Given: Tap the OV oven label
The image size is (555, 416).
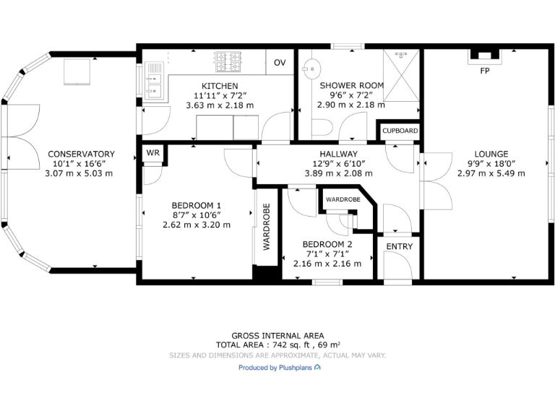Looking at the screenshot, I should point(280,63).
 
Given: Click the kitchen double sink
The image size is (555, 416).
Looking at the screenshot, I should point(153,79).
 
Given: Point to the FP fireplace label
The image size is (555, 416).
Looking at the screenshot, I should point(483,71).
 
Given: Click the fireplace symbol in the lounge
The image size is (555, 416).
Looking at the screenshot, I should point(483,55).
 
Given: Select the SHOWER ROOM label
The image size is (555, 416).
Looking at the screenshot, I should point(352,85).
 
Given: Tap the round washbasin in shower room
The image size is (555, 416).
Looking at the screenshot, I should point(312,70).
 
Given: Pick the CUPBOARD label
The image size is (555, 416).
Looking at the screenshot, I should point(400,131).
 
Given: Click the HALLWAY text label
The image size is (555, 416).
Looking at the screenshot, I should point(339,154).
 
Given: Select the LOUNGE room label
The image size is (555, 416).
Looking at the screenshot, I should point(491,154).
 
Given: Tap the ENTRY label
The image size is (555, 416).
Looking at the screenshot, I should point(399,246).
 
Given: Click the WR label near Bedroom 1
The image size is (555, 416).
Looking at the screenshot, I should point(152,153).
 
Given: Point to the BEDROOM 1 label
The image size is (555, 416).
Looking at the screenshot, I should point(197,205).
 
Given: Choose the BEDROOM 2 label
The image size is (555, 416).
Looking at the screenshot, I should point(327,244).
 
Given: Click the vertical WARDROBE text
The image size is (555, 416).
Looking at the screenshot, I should point(266,227).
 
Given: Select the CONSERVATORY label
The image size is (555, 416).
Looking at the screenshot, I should point(81,154).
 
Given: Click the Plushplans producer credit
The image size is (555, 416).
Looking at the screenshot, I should point(280,368).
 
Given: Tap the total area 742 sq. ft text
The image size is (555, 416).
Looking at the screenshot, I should point(277,345).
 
